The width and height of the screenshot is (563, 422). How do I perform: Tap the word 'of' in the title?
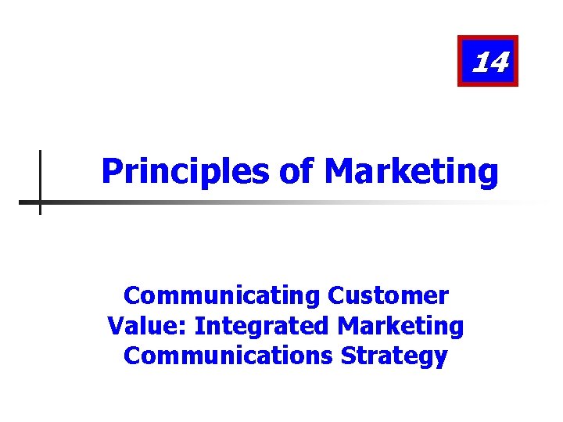[x=296, y=170]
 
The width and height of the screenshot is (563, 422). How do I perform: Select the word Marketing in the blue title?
[x=410, y=170]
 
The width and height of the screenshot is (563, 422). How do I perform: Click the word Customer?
[x=389, y=295]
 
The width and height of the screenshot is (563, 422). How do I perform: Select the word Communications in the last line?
[x=228, y=355]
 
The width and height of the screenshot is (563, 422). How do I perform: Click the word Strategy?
[x=394, y=355]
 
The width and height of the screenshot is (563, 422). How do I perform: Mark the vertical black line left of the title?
[x=40, y=168]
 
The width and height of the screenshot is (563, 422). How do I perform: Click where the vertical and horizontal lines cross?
[x=40, y=202]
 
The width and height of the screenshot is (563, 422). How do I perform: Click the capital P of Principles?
[x=111, y=170]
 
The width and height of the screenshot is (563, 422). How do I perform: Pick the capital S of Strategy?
[x=347, y=355]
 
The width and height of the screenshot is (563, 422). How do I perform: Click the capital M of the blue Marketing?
[x=336, y=170]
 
